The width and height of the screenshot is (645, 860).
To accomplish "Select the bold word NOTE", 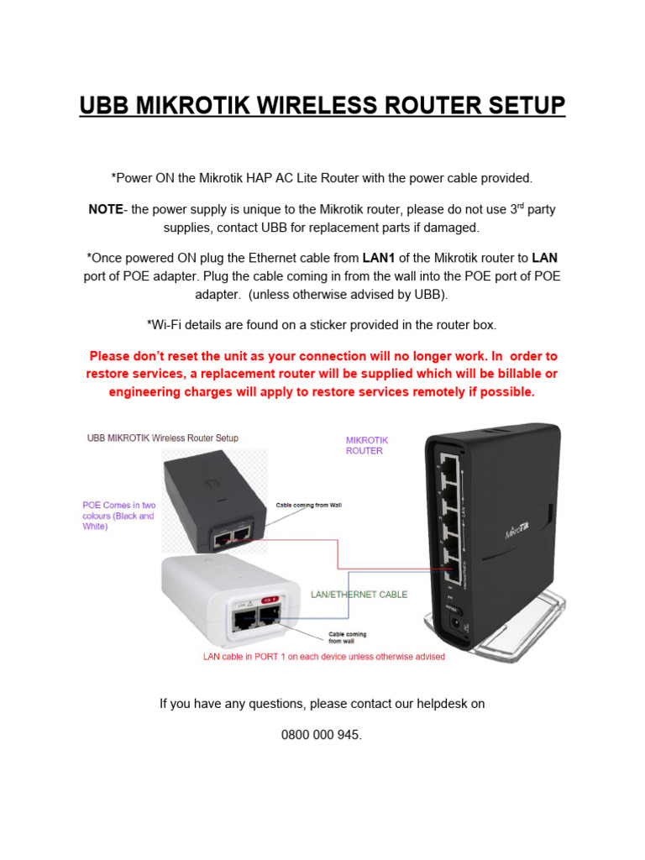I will click(105, 210).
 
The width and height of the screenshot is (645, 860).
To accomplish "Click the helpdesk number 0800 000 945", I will click(322, 735).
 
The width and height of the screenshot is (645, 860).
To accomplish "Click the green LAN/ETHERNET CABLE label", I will click(359, 595).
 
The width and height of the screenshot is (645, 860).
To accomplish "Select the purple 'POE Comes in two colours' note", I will click(118, 516).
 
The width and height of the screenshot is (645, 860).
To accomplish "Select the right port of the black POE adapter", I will click(242, 533).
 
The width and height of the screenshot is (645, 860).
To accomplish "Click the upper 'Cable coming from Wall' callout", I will click(308, 506).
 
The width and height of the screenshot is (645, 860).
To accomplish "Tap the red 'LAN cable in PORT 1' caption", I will click(324, 657).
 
